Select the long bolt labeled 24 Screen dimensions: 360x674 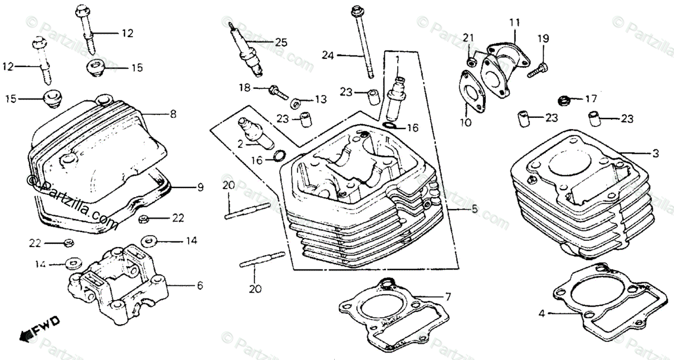tap(362, 45)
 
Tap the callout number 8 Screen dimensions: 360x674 tap(173, 114)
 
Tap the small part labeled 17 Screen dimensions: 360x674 tap(563, 101)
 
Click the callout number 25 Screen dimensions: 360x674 tap(281, 42)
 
